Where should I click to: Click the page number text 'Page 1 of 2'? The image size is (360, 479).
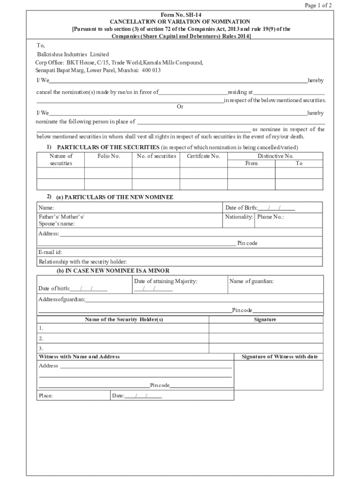click(x=318, y=6)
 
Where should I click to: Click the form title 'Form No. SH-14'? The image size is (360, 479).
click(x=180, y=15)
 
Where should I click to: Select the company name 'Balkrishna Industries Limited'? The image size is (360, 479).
click(x=73, y=54)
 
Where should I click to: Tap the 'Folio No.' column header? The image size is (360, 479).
click(x=108, y=156)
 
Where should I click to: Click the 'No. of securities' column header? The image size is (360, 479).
click(x=156, y=156)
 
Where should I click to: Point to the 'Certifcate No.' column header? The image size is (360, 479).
click(x=203, y=156)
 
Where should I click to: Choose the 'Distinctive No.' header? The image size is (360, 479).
click(x=275, y=156)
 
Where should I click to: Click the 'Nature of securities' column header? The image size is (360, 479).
click(x=61, y=160)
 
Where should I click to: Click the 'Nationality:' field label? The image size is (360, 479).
click(x=239, y=217)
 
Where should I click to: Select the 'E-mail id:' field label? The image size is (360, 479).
click(x=50, y=252)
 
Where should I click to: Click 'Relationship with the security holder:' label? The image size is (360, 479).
click(x=83, y=261)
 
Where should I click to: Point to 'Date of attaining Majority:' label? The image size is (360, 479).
click(x=166, y=281)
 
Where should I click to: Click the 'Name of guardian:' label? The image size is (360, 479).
click(x=251, y=281)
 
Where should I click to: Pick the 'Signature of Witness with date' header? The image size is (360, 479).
click(x=279, y=356)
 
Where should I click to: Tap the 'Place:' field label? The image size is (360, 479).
click(x=45, y=396)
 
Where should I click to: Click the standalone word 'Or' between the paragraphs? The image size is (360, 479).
click(x=180, y=107)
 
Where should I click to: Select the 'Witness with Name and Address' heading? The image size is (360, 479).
click(x=79, y=356)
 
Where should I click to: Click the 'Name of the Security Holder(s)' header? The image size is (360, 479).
click(x=124, y=319)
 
